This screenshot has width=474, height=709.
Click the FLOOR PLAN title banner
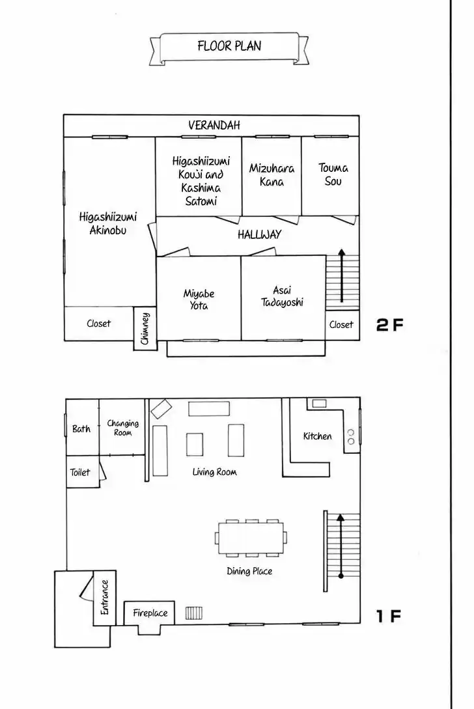coord(229,48)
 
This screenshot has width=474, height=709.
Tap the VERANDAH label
coord(214,125)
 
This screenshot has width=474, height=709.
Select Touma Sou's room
coord(330,176)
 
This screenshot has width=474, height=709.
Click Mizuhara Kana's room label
coord(272,175)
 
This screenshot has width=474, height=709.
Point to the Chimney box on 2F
coord(145,328)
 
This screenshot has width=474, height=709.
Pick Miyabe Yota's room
coord(199,298)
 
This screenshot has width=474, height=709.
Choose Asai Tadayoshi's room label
coord(282,296)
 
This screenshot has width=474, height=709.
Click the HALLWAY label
coord(260,234)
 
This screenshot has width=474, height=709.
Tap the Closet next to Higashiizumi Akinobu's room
coord(98,324)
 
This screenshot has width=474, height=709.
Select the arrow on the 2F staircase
coord(341,275)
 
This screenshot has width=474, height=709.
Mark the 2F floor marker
coord(389,325)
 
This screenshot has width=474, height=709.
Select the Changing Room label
coord(122,428)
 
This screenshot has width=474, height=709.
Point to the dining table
coord(251,538)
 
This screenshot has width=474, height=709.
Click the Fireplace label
coord(150,613)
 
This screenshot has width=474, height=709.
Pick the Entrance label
coord(104,597)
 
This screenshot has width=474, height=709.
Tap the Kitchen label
coord(318,436)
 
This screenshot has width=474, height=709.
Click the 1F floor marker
coord(389,616)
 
